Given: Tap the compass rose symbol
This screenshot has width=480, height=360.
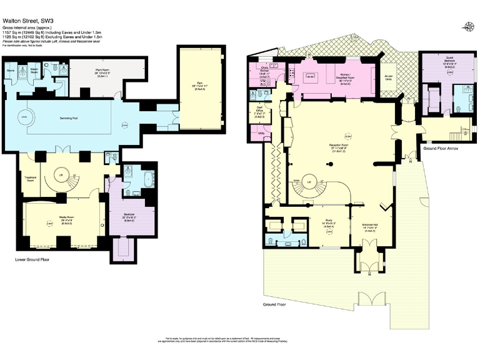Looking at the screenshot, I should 468,26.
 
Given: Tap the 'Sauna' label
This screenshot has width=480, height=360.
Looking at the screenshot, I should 11,71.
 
